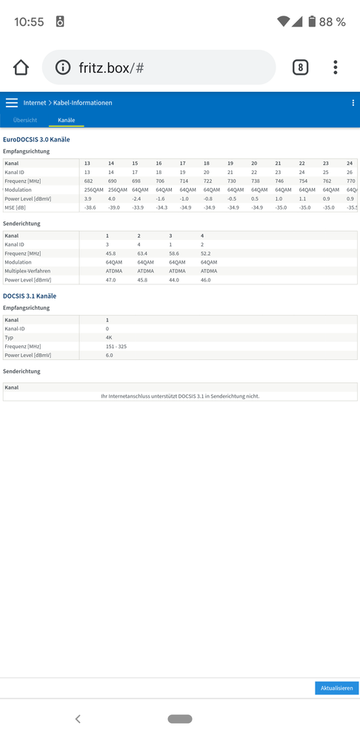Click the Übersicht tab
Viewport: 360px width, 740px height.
tap(25, 120)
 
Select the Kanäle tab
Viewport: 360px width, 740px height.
tap(67, 120)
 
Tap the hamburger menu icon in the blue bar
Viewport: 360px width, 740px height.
tap(12, 103)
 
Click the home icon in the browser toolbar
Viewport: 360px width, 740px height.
tap(21, 68)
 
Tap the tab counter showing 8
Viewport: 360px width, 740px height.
tap(300, 68)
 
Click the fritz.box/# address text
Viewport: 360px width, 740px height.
tap(111, 68)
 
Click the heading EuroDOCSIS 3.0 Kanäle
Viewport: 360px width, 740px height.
tap(37, 139)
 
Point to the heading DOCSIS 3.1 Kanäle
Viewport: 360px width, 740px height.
tap(30, 296)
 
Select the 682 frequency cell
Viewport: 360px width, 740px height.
tap(88, 181)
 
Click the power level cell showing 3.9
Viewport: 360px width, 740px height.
tap(87, 199)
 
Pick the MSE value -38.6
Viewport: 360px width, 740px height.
tap(90, 207)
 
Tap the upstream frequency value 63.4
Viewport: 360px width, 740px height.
tap(142, 253)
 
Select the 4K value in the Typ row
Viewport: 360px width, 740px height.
tap(108, 337)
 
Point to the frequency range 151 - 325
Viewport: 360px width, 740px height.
tap(116, 346)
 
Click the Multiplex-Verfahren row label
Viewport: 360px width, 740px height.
tap(28, 271)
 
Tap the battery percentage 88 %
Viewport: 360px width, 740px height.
tap(332, 22)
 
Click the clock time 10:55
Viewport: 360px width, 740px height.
tap(29, 22)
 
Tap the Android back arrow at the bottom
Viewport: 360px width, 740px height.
tap(78, 719)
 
